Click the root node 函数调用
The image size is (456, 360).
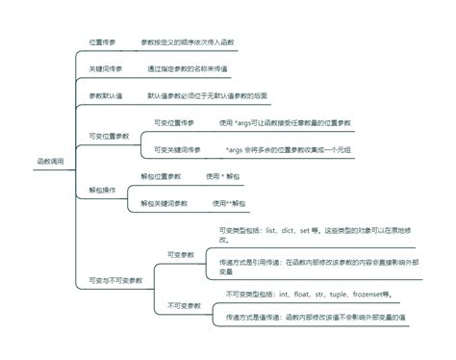point(50,161)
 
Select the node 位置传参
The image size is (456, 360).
point(103,43)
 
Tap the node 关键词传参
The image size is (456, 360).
point(105,69)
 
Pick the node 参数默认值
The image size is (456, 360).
point(105,95)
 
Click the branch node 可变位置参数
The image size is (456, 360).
point(108,136)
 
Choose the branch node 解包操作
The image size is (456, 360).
point(102,190)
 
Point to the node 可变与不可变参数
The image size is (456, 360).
point(117,280)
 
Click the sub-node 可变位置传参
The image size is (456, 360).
point(174,123)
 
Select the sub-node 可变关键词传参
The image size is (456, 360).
point(178,150)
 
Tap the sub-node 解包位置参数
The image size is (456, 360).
point(161,176)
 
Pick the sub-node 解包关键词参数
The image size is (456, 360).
point(165,203)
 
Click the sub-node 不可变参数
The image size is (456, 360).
point(183,304)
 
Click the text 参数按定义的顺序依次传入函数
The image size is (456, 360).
point(187,43)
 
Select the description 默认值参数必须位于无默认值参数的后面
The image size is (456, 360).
point(207,95)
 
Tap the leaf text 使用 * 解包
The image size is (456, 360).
point(224,176)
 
